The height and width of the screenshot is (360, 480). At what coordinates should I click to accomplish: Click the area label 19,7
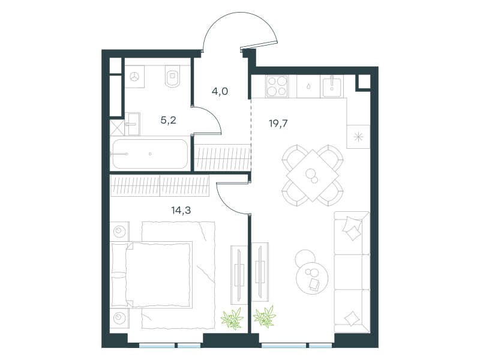point(278,124)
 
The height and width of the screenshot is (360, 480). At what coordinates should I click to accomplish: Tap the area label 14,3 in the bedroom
point(181,211)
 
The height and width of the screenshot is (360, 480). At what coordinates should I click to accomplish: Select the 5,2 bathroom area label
point(169,121)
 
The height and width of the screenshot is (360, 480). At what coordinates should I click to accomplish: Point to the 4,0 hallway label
point(220,91)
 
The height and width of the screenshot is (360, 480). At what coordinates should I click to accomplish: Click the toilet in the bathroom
point(173,76)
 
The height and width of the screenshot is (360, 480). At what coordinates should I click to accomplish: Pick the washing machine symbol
point(134,77)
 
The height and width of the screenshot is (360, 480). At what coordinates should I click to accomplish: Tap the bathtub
point(150,154)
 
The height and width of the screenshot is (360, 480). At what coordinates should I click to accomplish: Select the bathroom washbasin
point(133,124)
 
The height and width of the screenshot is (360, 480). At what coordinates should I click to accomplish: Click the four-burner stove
point(277,86)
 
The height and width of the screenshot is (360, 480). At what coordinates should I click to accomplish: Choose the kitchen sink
point(332,86)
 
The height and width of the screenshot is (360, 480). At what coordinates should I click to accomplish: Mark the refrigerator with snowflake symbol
point(358,137)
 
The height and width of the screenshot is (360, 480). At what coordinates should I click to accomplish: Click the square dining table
point(313,175)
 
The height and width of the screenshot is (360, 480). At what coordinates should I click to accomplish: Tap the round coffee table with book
point(312,278)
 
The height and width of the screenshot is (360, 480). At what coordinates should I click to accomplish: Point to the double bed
point(152,275)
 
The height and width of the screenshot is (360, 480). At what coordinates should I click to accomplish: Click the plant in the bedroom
point(232,319)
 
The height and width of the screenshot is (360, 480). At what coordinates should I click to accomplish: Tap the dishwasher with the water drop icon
point(308,86)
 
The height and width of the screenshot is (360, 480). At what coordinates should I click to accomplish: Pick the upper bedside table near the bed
point(119,231)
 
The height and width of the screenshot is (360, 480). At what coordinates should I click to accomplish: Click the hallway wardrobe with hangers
point(223,157)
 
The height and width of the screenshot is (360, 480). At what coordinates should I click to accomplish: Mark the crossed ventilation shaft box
point(117,127)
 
